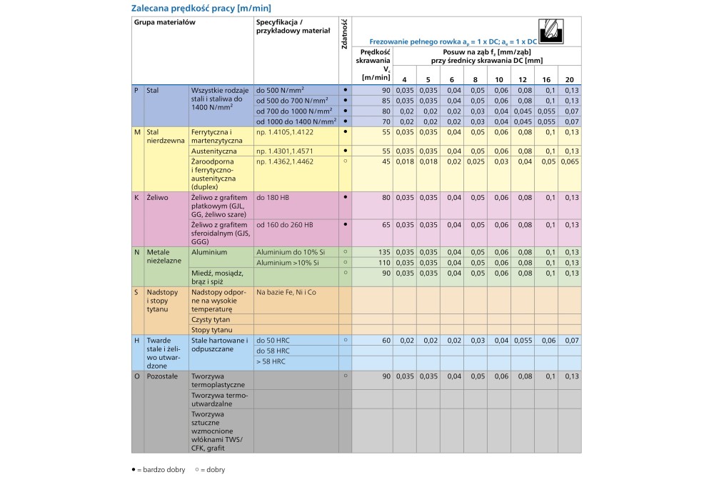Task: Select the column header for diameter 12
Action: [x=523, y=79]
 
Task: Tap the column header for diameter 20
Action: [x=569, y=79]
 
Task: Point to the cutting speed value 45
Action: [x=386, y=161]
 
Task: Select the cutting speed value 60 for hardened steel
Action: [x=386, y=341]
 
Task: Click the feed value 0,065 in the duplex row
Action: [x=570, y=161]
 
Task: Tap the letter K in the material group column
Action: [x=136, y=197]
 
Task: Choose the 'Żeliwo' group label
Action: [x=156, y=197]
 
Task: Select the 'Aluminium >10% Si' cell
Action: [x=286, y=262]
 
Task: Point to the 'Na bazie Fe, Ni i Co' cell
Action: [x=286, y=292]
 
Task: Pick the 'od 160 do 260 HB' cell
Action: [x=284, y=224]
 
